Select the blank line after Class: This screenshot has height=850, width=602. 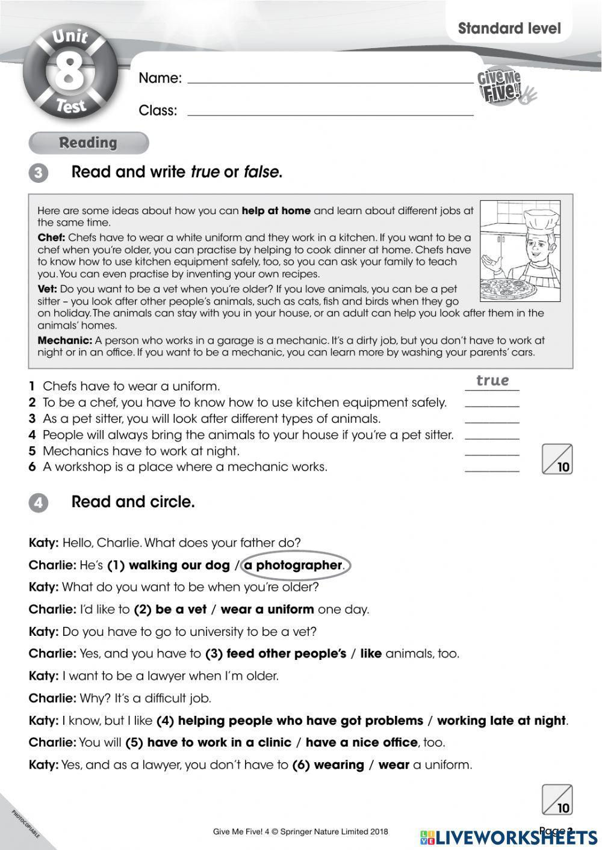pyautogui.click(x=330, y=114)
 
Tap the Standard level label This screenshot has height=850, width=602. pyautogui.click(x=509, y=28)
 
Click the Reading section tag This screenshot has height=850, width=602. pyautogui.click(x=88, y=143)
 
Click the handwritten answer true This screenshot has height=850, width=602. pyautogui.click(x=492, y=381)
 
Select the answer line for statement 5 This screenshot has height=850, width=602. pyautogui.click(x=492, y=455)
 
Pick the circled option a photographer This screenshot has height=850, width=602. pyautogui.click(x=293, y=565)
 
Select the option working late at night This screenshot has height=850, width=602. pyautogui.click(x=501, y=721)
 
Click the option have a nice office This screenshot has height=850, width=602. pyautogui.click(x=361, y=743)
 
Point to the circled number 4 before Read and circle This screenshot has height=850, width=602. pyautogui.click(x=38, y=503)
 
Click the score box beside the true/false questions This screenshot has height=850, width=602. pyautogui.click(x=557, y=460)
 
